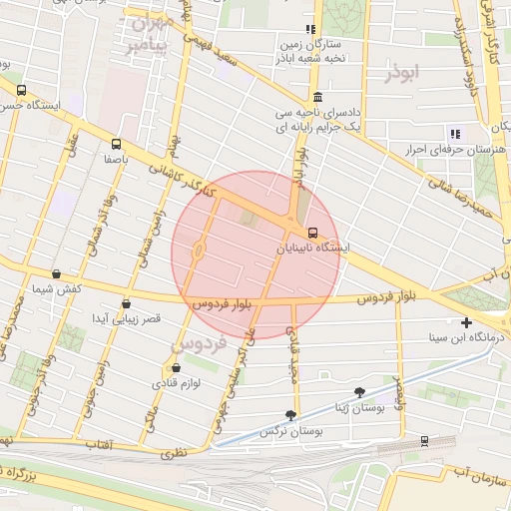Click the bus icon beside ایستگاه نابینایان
coord(312,229)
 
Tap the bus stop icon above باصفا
coord(117,144)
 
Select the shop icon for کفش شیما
coord(55,273)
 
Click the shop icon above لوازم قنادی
coord(176,366)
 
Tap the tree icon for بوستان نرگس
coord(290,415)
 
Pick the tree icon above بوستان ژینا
coord(359,393)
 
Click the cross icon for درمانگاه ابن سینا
coord(466,322)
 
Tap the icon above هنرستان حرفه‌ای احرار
coord(455,134)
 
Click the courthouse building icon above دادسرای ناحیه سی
coord(317,97)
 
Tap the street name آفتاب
coord(95,444)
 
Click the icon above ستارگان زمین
coord(309,29)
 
